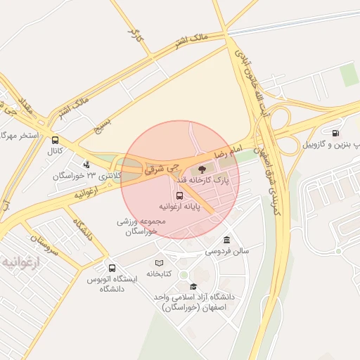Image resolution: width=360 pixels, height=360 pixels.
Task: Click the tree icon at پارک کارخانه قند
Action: tap(202, 169)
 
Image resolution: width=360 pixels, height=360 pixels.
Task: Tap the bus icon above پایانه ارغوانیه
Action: tap(179, 195)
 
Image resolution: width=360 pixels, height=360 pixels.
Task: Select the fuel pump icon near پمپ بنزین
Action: tap(335, 133)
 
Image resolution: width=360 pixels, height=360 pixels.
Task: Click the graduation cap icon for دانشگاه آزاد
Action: tap(193, 286)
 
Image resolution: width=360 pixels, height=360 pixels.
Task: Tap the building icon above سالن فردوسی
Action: tap(226, 239)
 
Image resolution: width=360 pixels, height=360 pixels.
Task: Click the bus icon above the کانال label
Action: tap(56, 140)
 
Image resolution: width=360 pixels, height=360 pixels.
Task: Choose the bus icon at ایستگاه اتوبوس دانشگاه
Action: tap(112, 268)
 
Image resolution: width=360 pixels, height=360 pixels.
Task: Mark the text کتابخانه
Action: tap(160, 274)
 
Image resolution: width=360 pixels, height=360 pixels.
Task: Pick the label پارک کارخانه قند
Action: tap(210, 180)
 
